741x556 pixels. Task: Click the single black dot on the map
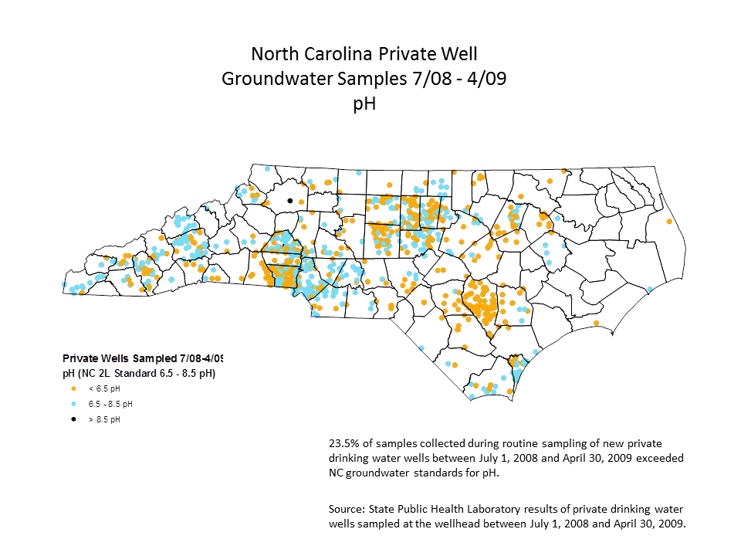tap(290, 200)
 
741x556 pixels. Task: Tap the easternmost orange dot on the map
tap(668, 222)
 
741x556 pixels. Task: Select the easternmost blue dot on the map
tap(650, 289)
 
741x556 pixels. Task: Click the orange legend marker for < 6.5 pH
tap(73, 388)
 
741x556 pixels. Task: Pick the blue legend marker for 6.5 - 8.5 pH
tap(73, 404)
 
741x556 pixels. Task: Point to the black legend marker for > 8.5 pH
tap(73, 419)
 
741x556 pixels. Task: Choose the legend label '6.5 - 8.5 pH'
tap(110, 404)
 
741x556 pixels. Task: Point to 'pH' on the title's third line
tap(364, 103)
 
